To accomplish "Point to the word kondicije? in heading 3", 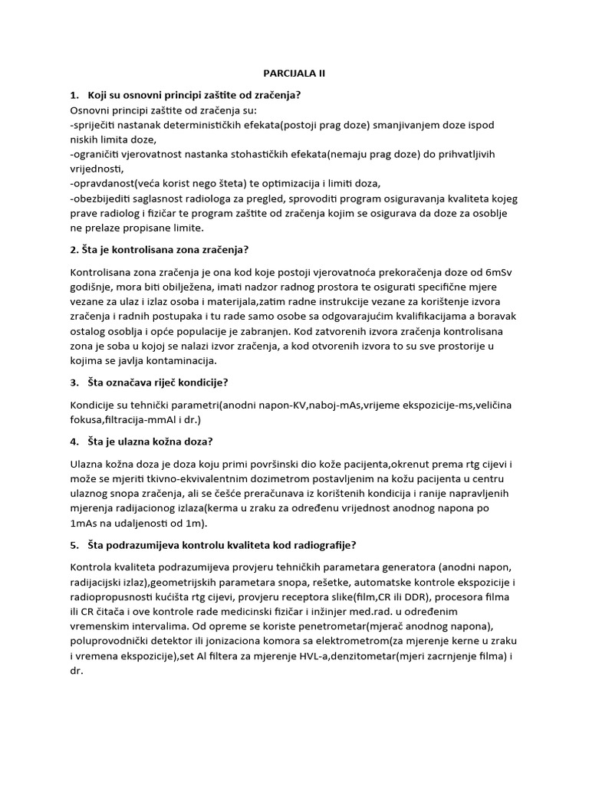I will coord(204,382).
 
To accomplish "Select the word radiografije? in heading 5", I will coord(309,545).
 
